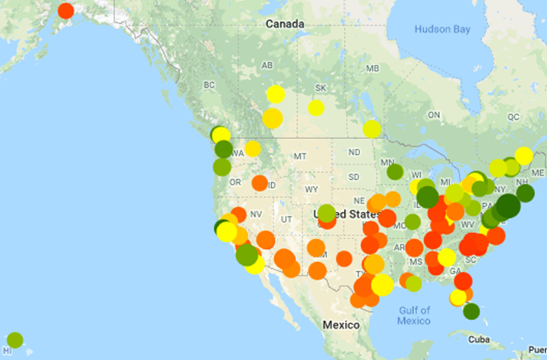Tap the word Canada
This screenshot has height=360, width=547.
click(x=285, y=24)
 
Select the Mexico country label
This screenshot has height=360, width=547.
click(x=341, y=325)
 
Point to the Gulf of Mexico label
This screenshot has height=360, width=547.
click(x=414, y=314)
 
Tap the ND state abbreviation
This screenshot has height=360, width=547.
click(x=354, y=152)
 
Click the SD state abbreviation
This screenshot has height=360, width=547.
click(x=354, y=177)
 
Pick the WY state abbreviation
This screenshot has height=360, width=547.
click(x=311, y=188)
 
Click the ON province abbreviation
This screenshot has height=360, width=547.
click(x=435, y=115)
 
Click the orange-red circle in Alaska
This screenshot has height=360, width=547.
click(x=66, y=11)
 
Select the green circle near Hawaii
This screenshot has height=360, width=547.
click(x=14, y=339)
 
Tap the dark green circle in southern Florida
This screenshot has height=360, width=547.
click(x=471, y=311)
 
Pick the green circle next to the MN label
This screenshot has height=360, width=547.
click(x=395, y=172)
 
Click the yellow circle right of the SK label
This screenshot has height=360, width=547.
click(x=316, y=108)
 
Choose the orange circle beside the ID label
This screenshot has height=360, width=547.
click(x=260, y=183)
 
